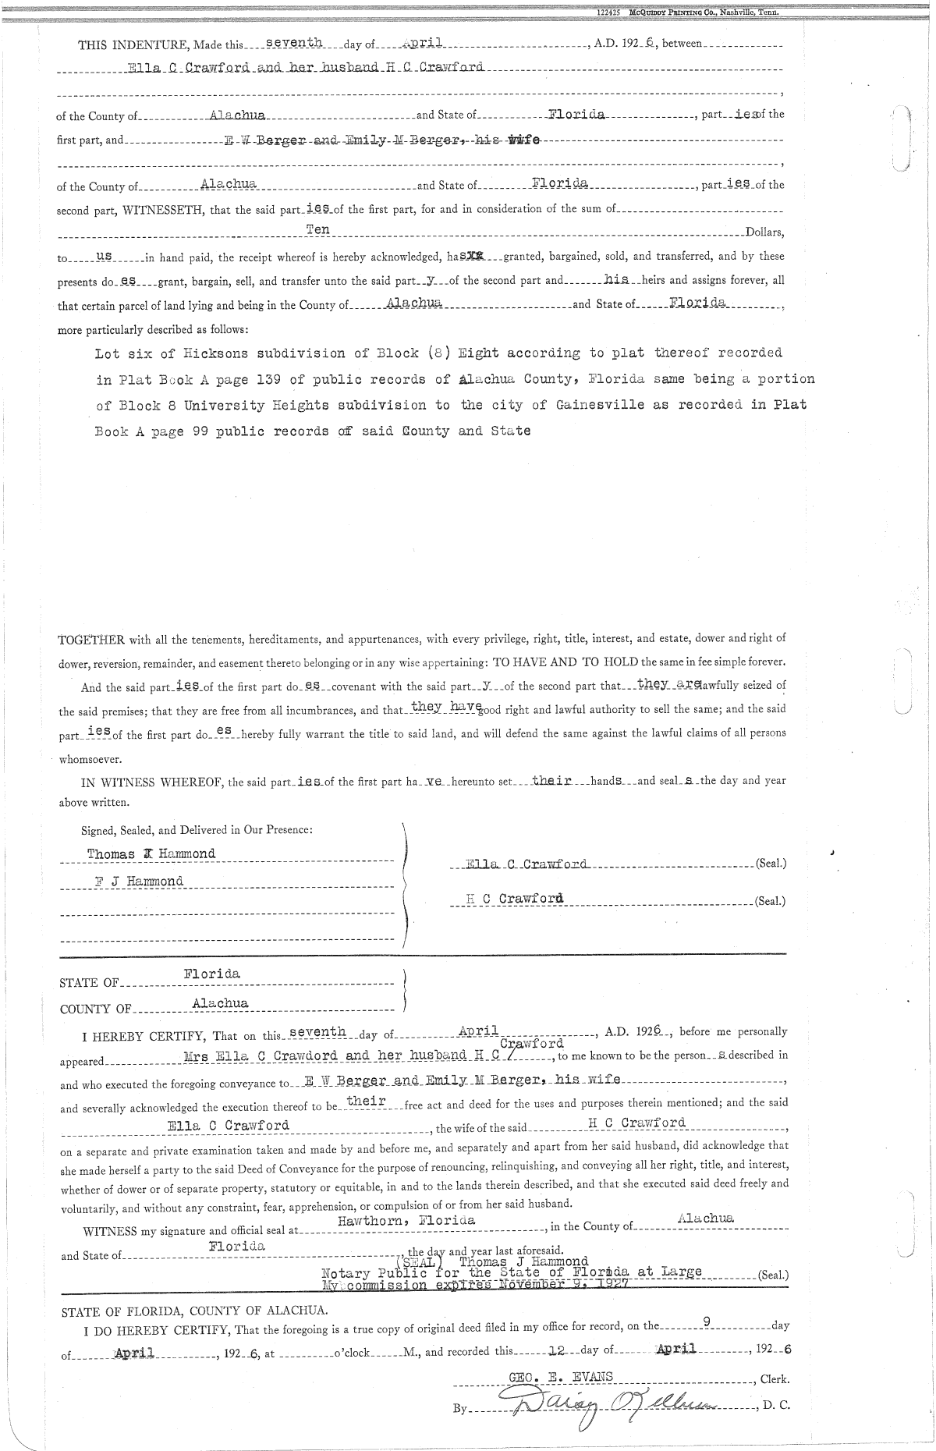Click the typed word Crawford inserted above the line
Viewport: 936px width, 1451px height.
pos(531,1043)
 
